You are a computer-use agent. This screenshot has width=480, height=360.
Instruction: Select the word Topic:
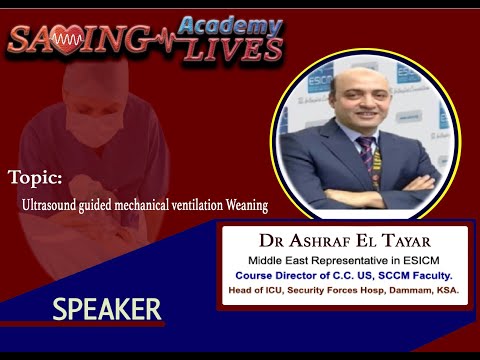click(x=35, y=177)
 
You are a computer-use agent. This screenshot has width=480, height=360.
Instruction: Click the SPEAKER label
click(x=107, y=310)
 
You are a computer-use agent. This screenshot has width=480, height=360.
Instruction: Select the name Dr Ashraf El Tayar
click(x=340, y=240)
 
